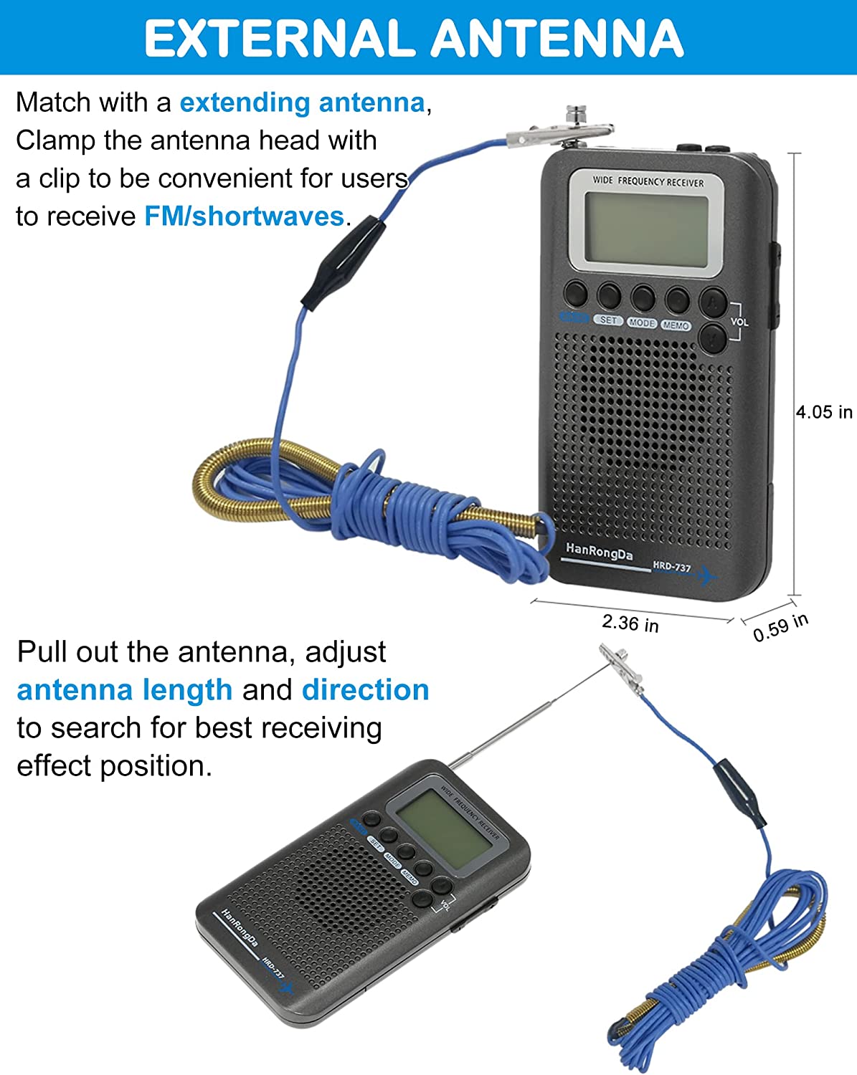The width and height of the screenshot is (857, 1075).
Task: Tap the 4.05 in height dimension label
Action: point(824,412)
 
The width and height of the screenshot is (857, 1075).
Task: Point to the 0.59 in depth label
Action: point(780,627)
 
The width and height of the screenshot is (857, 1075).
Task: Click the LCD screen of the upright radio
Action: point(646,229)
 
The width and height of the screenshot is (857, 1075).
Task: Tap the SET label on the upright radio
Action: point(608,320)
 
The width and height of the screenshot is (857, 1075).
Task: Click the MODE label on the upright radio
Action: point(642,323)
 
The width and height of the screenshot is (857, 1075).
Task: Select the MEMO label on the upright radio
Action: point(676,325)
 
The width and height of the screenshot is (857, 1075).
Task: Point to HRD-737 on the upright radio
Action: point(671,567)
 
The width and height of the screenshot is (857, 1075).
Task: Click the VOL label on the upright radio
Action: point(739,322)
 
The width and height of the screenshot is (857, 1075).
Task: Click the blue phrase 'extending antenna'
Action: point(302,102)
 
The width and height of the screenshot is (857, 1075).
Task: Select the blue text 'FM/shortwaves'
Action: point(244,216)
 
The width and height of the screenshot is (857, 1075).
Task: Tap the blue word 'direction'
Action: point(365,689)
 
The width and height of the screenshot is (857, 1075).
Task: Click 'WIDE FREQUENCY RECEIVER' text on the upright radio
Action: point(648,181)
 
